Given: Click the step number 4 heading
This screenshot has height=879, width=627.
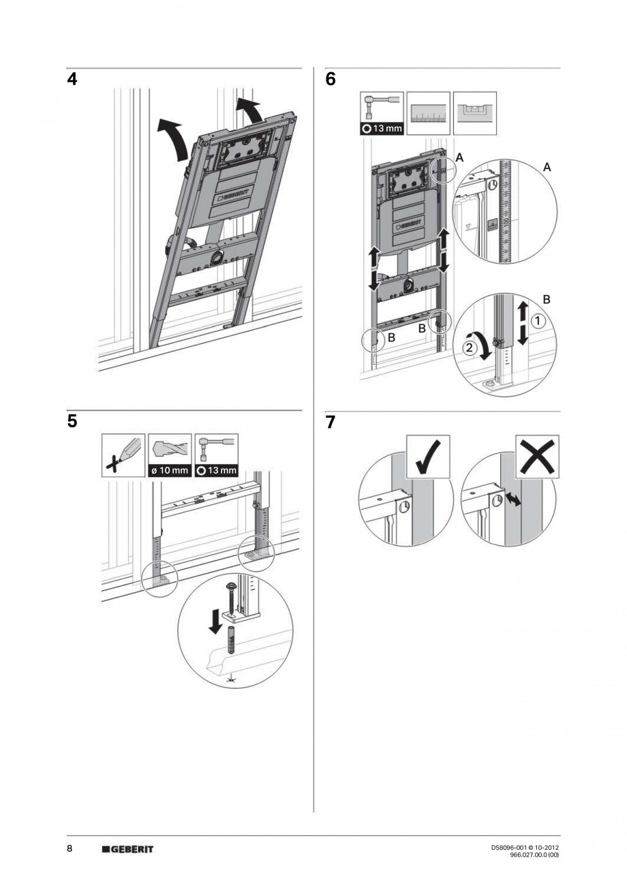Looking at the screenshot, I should (x=72, y=80).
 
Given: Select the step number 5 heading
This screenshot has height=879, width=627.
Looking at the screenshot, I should (x=72, y=422).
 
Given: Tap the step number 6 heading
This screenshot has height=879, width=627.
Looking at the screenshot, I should (x=331, y=80).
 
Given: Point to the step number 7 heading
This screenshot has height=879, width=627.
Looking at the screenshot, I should (x=331, y=422).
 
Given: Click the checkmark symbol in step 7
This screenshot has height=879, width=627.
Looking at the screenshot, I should (x=428, y=457).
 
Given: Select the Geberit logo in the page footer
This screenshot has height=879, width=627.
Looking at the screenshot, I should (x=127, y=849).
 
